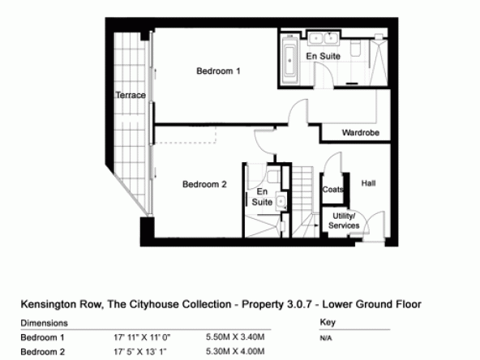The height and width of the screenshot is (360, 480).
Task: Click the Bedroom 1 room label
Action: click(218, 71)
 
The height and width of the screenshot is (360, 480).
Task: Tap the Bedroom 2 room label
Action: click(204, 184)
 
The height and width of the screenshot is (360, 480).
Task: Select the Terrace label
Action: click(131, 95)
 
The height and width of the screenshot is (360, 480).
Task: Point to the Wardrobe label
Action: click(361, 132)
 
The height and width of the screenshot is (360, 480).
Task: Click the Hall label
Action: click(368, 183)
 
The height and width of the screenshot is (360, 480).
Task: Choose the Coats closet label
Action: click(332, 190)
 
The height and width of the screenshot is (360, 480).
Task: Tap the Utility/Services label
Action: click(344, 221)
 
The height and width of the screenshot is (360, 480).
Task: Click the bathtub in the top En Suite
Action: click(289, 60)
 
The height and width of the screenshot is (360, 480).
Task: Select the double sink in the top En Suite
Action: click(323, 38)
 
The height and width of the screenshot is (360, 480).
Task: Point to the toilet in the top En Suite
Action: click(355, 49)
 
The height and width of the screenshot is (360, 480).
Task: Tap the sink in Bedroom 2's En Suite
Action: click(281, 201)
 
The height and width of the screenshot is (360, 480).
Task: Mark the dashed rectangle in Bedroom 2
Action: click(185, 135)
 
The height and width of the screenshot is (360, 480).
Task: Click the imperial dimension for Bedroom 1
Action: click(142, 337)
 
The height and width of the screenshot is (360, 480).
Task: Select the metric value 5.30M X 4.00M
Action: click(235, 351)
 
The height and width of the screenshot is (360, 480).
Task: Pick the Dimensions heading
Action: click(44, 323)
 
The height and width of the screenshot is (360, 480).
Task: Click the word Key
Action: click(328, 322)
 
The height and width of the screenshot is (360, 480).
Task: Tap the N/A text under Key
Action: click(326, 338)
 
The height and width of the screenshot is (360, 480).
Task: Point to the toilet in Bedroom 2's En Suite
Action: click(273, 177)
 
